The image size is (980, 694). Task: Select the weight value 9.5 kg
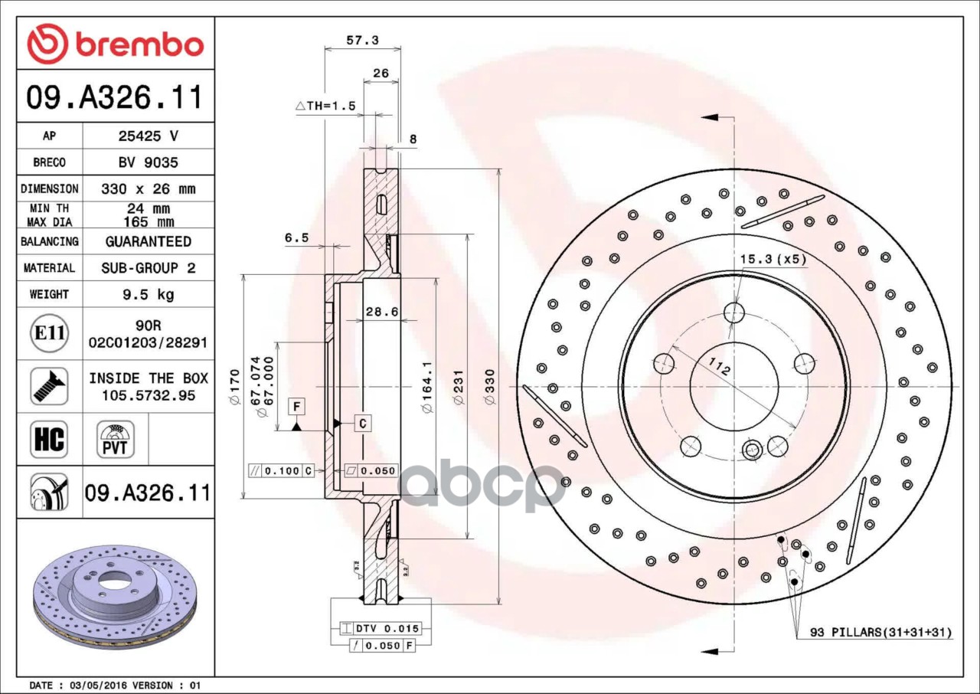pos(149,294)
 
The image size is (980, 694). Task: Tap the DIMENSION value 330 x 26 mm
pos(149,188)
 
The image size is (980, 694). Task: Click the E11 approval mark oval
pos(49,333)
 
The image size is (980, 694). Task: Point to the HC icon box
pos(49,440)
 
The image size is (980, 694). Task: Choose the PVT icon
pos(116,440)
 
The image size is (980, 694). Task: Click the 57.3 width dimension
pos(362,41)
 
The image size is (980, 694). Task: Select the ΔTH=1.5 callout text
pos(326,106)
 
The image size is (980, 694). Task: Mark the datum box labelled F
pos(296,406)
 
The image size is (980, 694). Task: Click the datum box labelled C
pos(363,422)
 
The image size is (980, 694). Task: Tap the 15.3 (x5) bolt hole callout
pos(773,260)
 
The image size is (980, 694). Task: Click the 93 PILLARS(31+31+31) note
pos(881,633)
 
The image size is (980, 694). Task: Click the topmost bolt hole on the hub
pos(734,312)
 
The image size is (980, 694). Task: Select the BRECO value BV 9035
pos(149,162)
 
